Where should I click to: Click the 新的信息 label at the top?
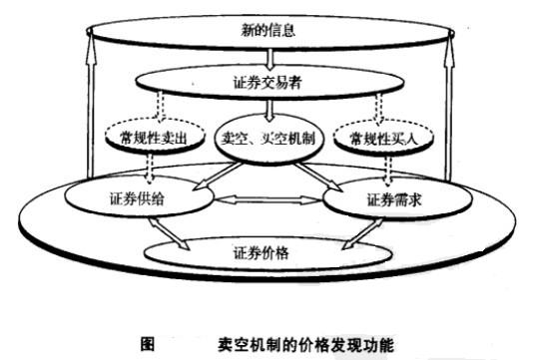[266, 29]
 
